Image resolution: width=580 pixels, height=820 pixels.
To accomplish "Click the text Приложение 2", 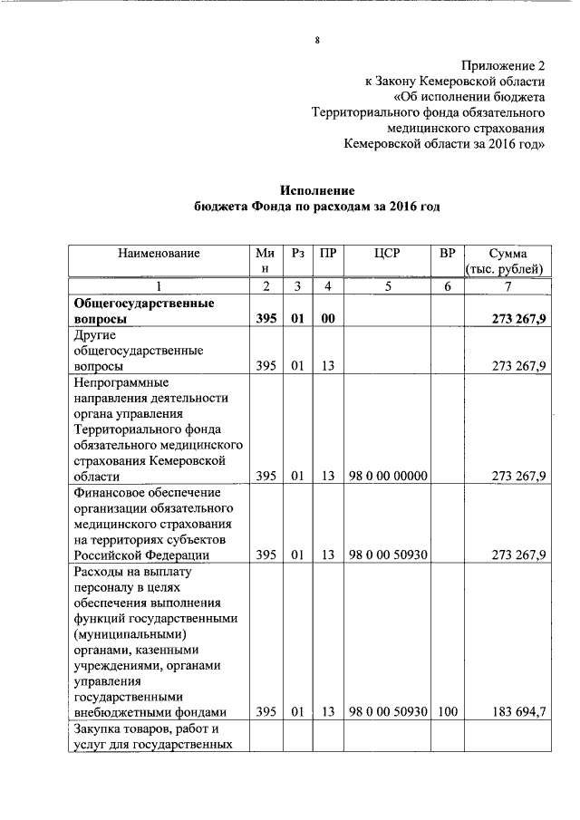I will (504, 67).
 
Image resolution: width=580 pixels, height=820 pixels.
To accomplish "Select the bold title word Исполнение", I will (317, 190).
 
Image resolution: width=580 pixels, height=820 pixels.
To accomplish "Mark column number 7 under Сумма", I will (507, 286).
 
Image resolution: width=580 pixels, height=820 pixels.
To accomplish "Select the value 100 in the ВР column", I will (447, 712).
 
